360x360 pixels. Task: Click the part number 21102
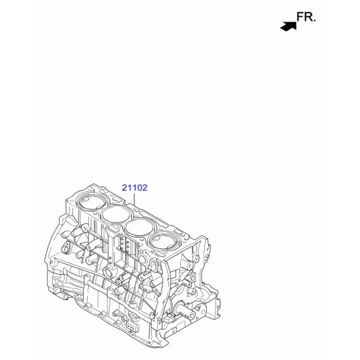134,188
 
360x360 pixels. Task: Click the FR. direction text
306,17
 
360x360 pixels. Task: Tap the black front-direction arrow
289,26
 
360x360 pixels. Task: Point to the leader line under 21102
134,199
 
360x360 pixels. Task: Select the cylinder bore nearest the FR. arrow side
92,202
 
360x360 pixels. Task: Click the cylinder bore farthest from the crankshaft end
92,202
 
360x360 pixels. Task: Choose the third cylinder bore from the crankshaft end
116,215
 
